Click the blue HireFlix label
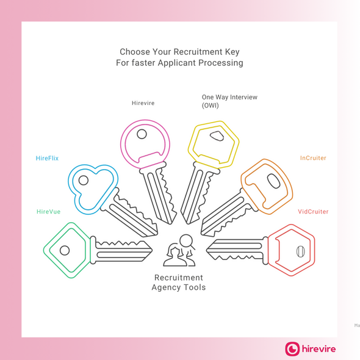(47, 158)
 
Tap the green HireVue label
(48, 212)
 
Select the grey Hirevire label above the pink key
(143, 103)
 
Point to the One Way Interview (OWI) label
(229, 101)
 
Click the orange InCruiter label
(313, 158)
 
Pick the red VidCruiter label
(313, 212)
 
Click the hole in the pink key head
(142, 134)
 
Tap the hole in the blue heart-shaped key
(84, 180)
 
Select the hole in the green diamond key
(65, 250)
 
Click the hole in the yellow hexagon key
(217, 136)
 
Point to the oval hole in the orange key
(273, 181)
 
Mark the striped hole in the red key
(301, 251)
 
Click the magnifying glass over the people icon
(187, 242)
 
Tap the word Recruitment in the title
(198, 52)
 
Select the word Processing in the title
(221, 63)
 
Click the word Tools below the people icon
(193, 287)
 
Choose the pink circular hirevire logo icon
(292, 349)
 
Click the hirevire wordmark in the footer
(319, 349)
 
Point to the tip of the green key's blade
(152, 250)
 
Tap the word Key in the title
(232, 52)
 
